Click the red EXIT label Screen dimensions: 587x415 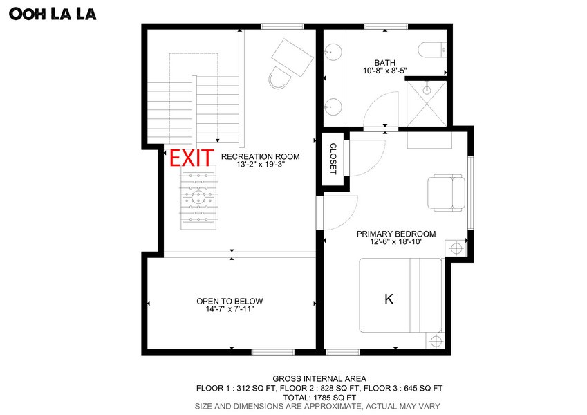192,158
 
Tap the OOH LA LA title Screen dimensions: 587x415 53,14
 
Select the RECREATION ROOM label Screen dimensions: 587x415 260,156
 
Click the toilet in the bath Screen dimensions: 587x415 432,50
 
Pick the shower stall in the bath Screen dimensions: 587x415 427,103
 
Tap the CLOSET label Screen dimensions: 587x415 333,159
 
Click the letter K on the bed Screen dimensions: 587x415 389,299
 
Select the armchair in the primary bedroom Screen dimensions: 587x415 446,193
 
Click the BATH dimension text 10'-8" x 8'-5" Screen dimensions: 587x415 385,71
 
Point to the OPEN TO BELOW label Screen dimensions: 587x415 230,301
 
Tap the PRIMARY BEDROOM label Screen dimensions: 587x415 396,234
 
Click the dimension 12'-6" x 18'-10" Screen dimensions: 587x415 396,242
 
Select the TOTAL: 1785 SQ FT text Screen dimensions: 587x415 319,398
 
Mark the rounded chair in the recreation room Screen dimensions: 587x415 279,77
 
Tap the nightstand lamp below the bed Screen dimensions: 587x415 436,341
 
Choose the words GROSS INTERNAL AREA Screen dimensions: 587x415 319,379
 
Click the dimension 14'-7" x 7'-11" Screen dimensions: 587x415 230,309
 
